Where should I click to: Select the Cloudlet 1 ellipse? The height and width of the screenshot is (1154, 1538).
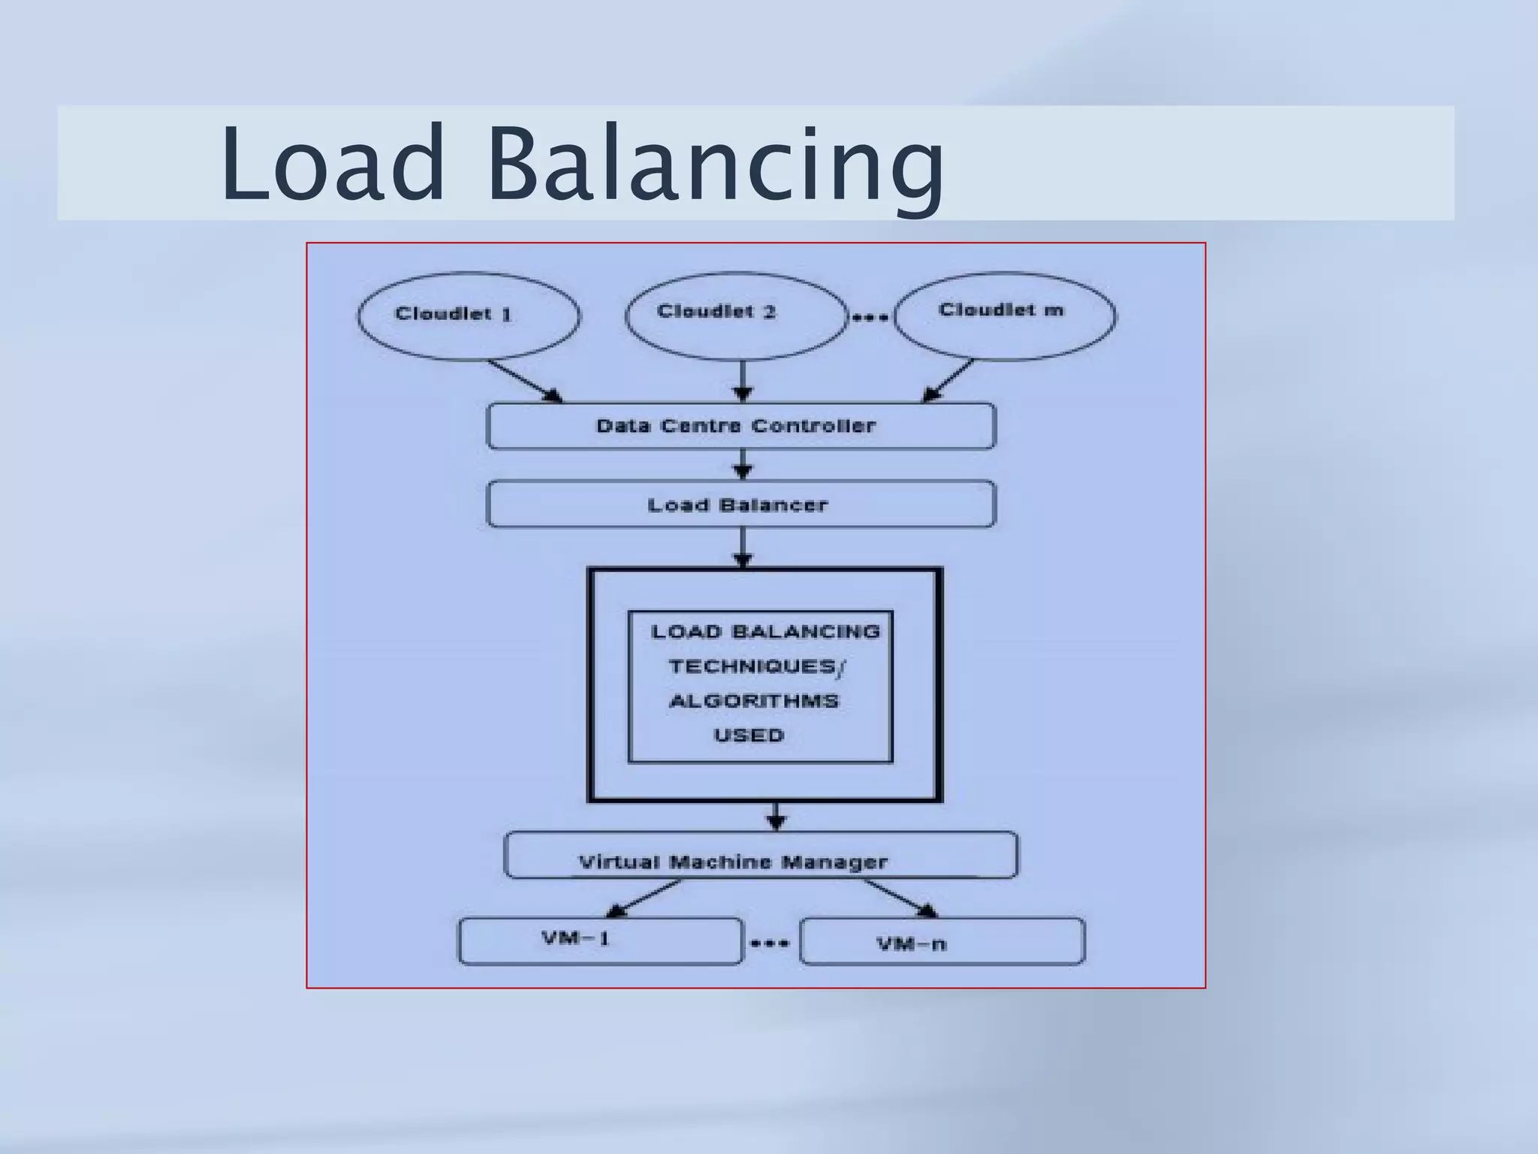469,316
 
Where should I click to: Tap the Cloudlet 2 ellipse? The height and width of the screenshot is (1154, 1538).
736,316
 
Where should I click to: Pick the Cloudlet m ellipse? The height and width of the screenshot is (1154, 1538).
1004,316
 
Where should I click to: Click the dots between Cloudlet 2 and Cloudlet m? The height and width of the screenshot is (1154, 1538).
870,318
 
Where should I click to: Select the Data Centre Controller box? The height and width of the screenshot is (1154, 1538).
741,426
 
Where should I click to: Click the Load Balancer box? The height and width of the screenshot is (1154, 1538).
741,505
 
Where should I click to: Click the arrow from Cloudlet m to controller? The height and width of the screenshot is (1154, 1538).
948,381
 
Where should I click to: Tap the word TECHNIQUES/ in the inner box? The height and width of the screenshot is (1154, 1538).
756,666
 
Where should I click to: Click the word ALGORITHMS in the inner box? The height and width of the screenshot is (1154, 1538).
753,701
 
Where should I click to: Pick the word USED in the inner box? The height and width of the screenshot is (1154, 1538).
749,736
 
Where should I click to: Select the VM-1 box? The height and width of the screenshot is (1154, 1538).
600,941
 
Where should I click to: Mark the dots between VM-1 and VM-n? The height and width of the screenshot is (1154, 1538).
771,944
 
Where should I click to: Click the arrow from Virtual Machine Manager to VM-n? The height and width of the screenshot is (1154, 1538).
900,898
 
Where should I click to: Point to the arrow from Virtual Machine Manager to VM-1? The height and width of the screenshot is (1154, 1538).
643,899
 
